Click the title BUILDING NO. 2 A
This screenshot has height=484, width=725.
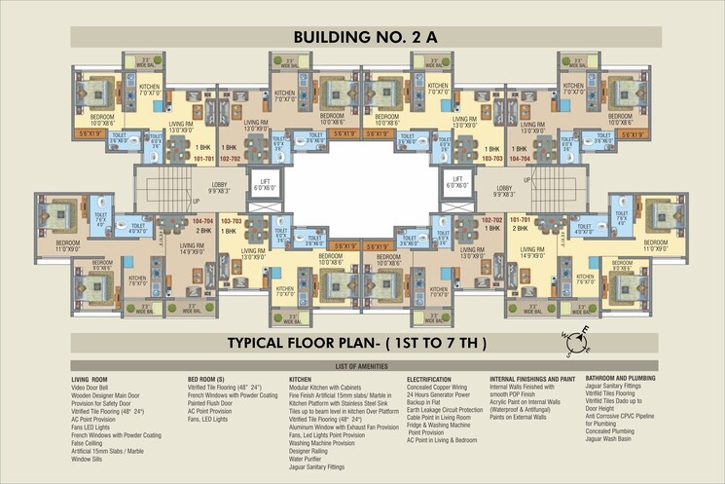point(362,38)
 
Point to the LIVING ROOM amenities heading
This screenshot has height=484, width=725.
point(91,378)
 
